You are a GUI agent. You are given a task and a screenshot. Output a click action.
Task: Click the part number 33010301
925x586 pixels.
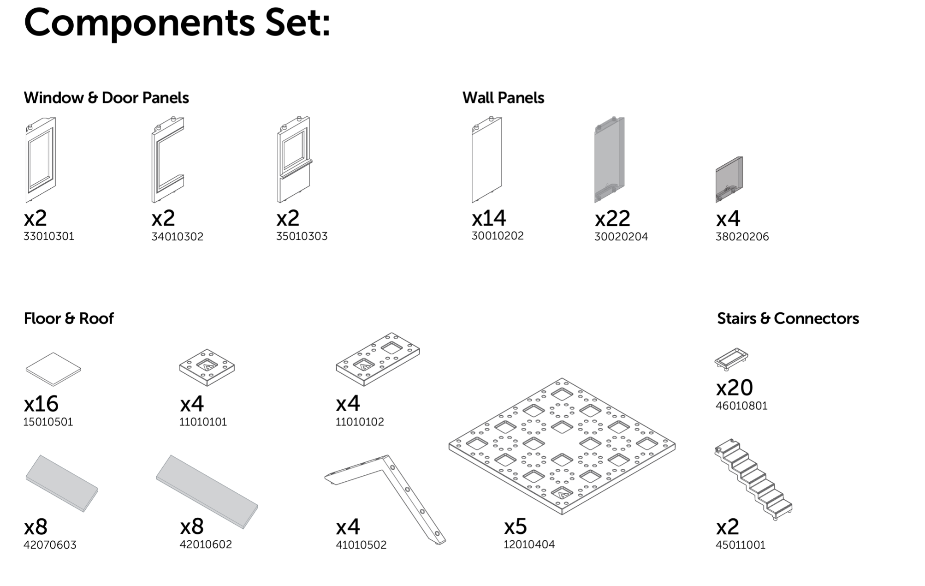pos(49,236)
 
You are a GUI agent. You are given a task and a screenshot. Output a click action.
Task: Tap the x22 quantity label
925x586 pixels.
pos(612,218)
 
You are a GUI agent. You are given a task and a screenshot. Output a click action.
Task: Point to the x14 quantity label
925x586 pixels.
pos(489,218)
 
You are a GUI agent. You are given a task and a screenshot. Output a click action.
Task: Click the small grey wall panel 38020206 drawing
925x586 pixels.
pos(729,179)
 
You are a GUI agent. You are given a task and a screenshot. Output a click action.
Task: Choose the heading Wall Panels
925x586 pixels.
pos(503,98)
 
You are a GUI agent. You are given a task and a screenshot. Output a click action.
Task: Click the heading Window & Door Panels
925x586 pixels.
pos(107,98)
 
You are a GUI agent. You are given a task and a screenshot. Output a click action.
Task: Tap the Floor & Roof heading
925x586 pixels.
pos(69,318)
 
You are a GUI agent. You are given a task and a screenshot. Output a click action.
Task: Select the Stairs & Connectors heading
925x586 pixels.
pos(788,318)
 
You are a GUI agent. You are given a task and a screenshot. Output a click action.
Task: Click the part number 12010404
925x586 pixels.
pos(529,544)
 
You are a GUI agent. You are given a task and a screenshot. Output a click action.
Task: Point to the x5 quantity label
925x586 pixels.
pos(516,526)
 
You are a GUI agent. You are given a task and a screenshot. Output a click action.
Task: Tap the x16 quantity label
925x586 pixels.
pos(41,404)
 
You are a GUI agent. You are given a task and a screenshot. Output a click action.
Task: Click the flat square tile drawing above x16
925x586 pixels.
pos(53,369)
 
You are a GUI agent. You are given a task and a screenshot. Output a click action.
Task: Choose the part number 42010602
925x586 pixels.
pos(206,544)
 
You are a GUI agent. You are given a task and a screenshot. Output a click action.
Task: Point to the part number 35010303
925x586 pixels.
pos(302,236)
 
